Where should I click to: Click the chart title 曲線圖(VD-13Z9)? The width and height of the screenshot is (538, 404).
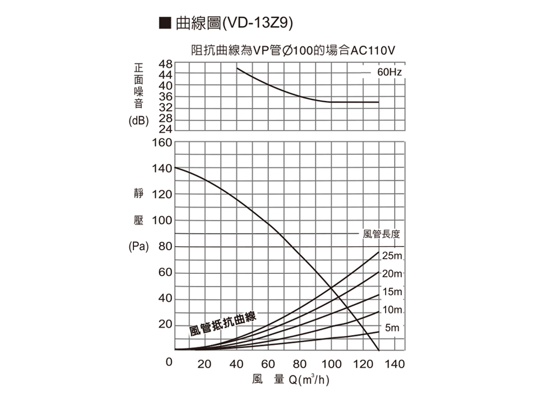[x=234, y=24]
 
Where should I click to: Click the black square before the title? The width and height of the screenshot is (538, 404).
[x=165, y=24]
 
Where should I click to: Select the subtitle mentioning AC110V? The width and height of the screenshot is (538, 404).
[x=293, y=51]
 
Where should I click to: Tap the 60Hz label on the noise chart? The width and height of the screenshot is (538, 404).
[x=389, y=73]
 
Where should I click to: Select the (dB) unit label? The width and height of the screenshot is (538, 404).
[x=138, y=120]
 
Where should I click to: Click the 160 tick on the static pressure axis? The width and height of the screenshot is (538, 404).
[x=161, y=143]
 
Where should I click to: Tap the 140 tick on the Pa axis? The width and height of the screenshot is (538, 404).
[x=161, y=168]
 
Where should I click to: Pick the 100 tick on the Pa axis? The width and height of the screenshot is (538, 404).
[x=161, y=221]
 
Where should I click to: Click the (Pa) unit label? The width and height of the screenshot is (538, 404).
[x=138, y=246]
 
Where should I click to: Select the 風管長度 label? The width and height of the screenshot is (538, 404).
[x=381, y=233]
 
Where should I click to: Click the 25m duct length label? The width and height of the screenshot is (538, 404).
[x=392, y=257]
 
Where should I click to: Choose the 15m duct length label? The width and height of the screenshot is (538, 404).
[x=392, y=292]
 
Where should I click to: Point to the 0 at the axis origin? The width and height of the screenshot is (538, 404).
[x=168, y=364]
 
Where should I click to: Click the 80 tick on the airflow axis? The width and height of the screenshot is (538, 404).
[x=300, y=365]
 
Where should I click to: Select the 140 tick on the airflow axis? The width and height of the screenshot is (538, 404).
[x=396, y=365]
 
